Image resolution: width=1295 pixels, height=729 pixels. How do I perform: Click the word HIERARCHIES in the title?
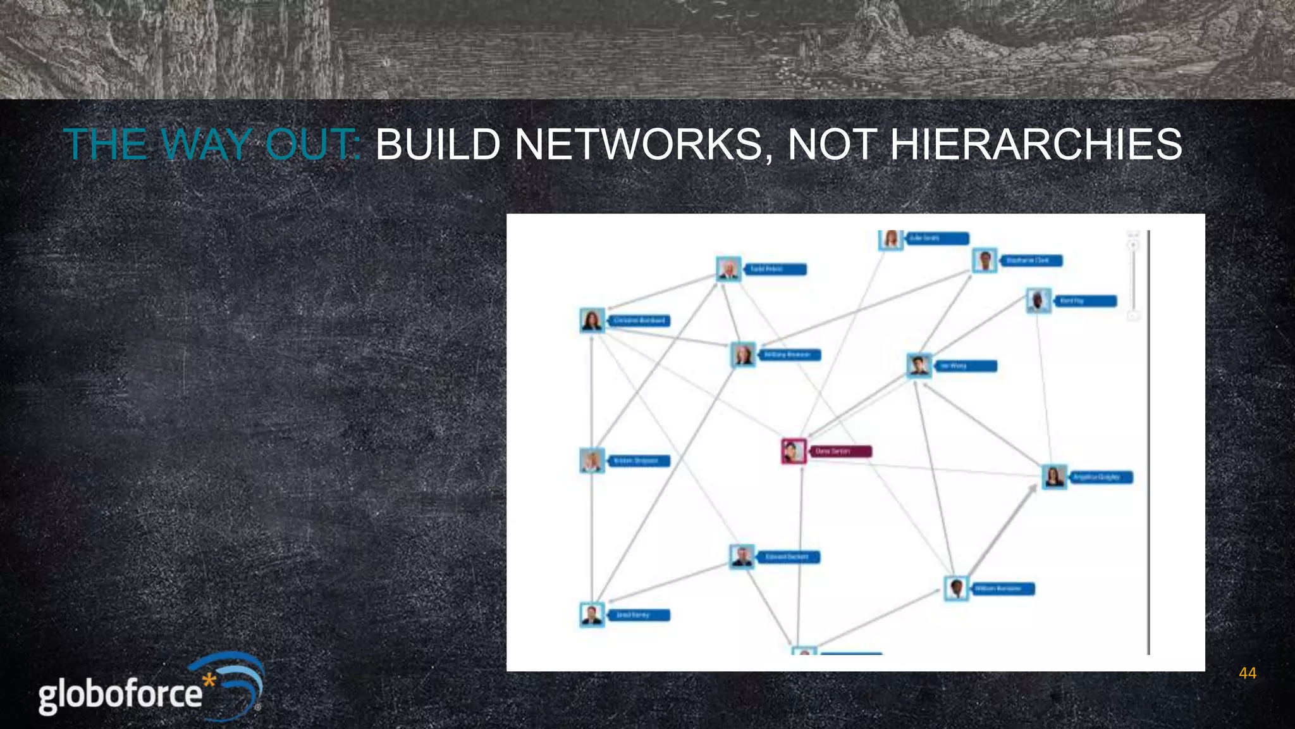click(x=1036, y=144)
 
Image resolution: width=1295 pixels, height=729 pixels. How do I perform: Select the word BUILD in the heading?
click(x=438, y=144)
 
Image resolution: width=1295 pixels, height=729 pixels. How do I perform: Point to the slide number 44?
click(x=1247, y=673)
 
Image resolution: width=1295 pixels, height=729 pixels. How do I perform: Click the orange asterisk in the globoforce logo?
click(x=209, y=682)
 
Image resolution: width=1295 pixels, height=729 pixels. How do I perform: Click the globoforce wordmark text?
click(x=120, y=695)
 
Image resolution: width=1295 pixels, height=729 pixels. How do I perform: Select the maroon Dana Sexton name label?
click(x=840, y=451)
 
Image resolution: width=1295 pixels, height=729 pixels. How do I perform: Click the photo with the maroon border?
click(x=794, y=451)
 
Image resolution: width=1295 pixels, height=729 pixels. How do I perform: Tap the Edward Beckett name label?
click(x=787, y=557)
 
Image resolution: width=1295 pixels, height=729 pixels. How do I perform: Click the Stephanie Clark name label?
click(x=1028, y=260)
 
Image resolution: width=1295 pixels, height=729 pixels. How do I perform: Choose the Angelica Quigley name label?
click(x=1101, y=477)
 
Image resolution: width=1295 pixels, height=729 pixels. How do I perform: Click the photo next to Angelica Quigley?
click(x=1054, y=477)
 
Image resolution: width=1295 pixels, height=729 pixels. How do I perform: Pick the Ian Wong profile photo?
click(x=919, y=365)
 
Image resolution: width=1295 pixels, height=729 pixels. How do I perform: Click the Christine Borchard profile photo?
click(x=592, y=320)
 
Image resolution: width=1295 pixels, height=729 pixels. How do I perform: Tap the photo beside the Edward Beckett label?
click(x=742, y=556)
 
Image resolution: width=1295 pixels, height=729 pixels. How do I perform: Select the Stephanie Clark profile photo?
click(x=985, y=260)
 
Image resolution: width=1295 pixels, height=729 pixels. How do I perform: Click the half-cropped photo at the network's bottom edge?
click(x=804, y=651)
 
